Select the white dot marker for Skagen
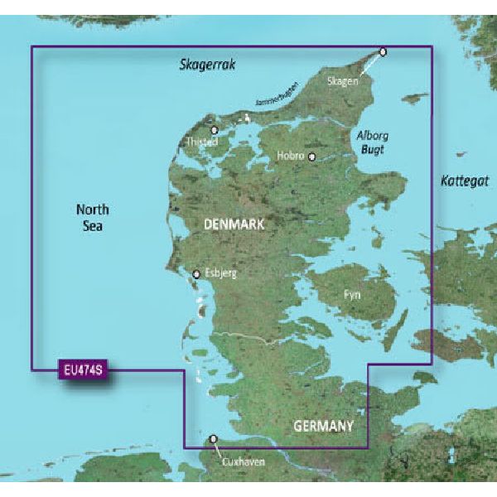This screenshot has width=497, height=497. [383, 52]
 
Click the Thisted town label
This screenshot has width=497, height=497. [201, 142]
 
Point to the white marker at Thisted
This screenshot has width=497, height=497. [214, 130]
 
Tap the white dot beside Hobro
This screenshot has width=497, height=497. [312, 157]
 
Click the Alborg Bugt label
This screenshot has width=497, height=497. [372, 142]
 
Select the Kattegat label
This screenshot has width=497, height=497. [465, 180]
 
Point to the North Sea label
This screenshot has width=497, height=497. [92, 217]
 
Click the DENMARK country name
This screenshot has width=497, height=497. [235, 224]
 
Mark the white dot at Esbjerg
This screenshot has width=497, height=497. [196, 274]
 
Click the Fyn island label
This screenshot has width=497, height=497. [352, 294]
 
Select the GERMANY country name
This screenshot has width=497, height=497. [323, 426]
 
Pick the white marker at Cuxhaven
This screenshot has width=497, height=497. [213, 440]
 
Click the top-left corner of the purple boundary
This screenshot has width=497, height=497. [32, 46]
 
